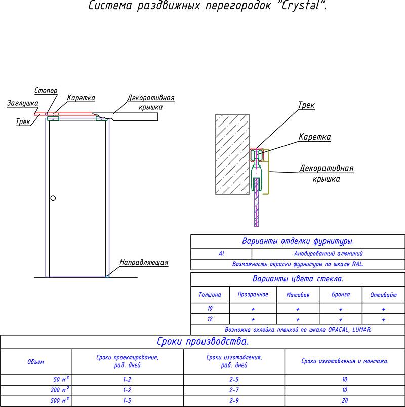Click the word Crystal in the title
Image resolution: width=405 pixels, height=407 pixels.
[299, 7]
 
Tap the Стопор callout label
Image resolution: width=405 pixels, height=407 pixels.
[46, 91]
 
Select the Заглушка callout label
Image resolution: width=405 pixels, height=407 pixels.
[22, 103]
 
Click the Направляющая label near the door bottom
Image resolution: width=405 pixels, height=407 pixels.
[144, 262]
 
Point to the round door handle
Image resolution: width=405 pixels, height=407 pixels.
[53, 198]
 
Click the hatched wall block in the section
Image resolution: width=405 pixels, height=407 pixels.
[232, 154]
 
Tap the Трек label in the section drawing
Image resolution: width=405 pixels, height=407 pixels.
[306, 106]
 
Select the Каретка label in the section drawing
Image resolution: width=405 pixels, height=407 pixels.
[314, 137]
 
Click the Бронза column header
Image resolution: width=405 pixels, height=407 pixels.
[341, 295]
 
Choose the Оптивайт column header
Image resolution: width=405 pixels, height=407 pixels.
[383, 295]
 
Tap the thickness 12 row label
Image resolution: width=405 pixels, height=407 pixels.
[210, 319]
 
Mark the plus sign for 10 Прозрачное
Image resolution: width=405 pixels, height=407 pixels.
[253, 308]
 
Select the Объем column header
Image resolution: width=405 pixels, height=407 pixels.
[35, 361]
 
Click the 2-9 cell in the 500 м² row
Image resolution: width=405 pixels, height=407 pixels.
[234, 401]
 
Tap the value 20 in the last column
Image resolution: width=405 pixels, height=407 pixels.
[345, 401]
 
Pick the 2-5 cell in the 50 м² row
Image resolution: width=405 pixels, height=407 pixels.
[234, 380]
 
